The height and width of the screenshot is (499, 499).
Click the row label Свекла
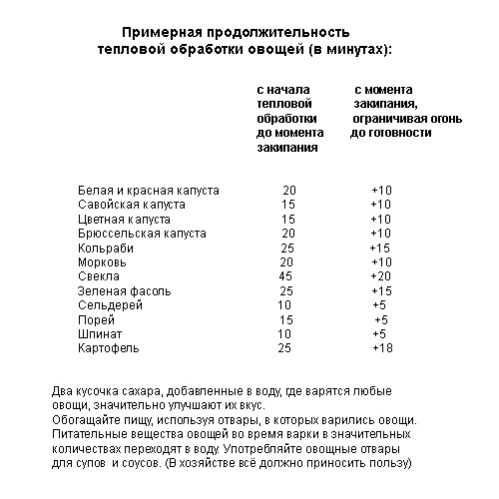click(98, 275)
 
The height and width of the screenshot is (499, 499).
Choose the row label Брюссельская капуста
click(141, 233)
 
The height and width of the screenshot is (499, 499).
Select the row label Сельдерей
click(108, 304)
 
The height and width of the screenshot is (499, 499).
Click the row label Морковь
click(102, 261)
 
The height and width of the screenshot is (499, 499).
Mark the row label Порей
click(94, 319)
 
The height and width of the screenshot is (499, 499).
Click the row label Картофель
click(107, 348)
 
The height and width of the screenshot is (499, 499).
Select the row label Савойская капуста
click(128, 204)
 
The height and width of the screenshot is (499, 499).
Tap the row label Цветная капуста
click(123, 218)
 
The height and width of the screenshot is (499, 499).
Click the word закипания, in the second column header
click(384, 104)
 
